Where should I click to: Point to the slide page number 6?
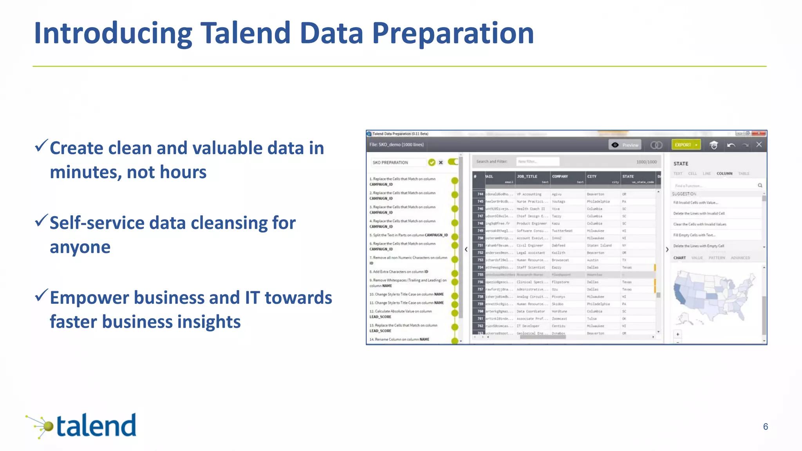click(765, 427)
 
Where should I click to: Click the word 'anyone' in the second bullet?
click(80, 247)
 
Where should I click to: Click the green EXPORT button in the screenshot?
click(685, 145)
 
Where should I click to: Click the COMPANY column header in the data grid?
click(560, 177)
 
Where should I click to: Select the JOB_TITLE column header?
click(527, 177)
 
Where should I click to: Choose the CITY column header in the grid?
click(592, 177)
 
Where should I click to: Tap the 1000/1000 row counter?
click(646, 162)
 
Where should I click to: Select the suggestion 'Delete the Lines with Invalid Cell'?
click(699, 213)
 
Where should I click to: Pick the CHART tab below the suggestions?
click(679, 258)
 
